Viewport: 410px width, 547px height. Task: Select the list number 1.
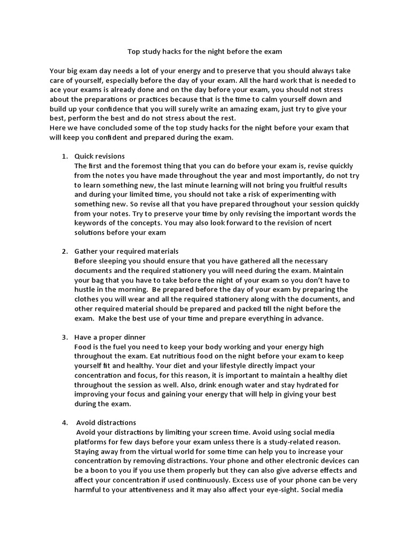click(x=64, y=156)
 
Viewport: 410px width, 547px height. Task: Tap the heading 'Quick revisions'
click(x=99, y=156)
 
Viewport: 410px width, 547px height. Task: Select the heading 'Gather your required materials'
click(x=126, y=251)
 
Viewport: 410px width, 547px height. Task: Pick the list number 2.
click(x=64, y=251)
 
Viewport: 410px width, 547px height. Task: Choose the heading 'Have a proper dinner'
click(x=109, y=337)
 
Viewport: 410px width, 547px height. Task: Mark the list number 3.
click(x=64, y=337)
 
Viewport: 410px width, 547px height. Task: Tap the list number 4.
click(x=64, y=423)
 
